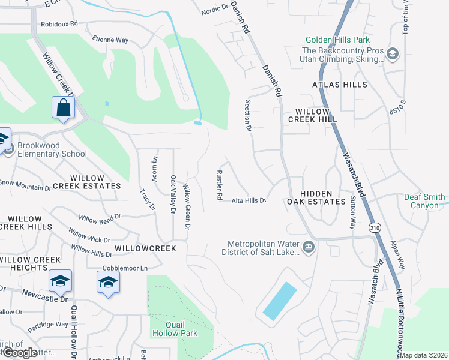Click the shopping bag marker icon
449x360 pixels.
point(63,108)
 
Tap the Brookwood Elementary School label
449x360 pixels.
point(52,149)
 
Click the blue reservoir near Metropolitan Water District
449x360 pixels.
point(279,301)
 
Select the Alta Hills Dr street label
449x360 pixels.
point(249,200)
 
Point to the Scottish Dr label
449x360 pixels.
point(247,115)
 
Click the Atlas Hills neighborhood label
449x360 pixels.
point(339,85)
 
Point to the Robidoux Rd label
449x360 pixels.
point(59,24)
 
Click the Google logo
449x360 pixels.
point(19,353)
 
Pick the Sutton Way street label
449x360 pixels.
point(352,214)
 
